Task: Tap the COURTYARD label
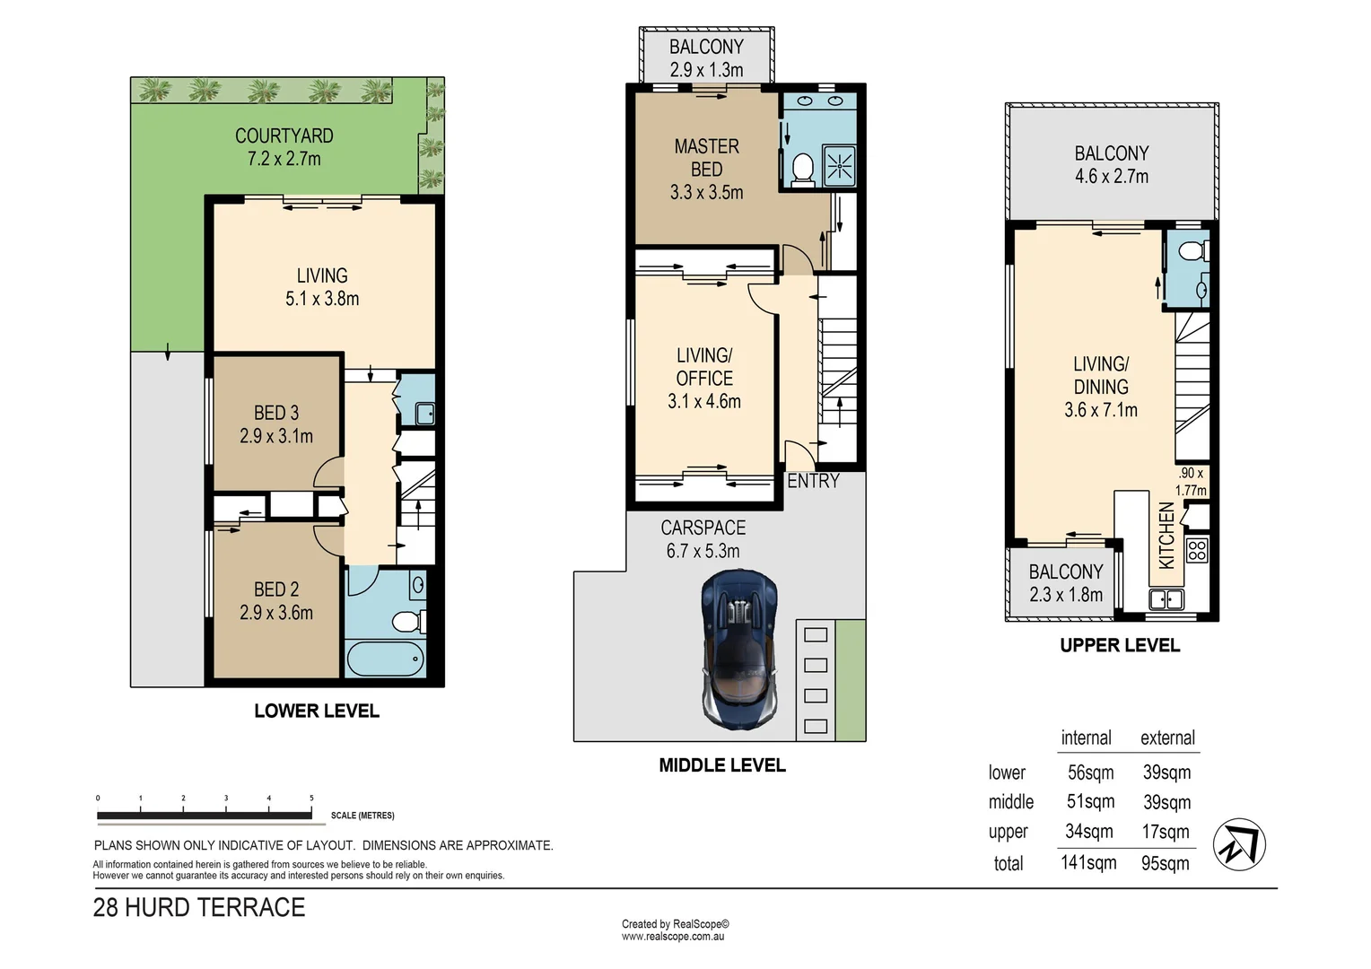[x=284, y=136]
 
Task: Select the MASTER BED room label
[x=706, y=157]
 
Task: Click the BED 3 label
[x=275, y=413]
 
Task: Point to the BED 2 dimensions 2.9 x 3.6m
[x=275, y=613]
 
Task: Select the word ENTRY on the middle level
[x=813, y=481]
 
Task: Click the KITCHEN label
[x=1166, y=536]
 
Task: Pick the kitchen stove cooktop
[x=1197, y=549]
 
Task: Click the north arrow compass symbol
[x=1239, y=844]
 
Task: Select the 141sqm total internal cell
[x=1088, y=863]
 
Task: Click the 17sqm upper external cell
[x=1166, y=833]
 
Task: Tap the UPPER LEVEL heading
[x=1120, y=645]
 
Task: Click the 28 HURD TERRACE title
[x=199, y=908]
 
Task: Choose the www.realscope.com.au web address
[x=673, y=937]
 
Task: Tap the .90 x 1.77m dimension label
[x=1191, y=482]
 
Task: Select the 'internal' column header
[x=1086, y=738]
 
